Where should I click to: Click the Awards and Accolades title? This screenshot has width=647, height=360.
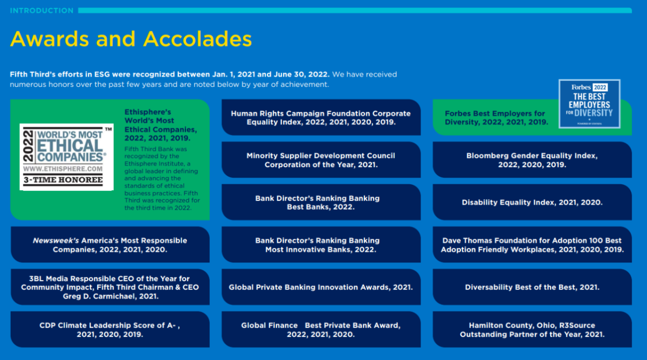pyautogui.click(x=131, y=39)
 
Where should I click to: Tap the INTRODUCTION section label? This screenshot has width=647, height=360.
pyautogui.click(x=42, y=11)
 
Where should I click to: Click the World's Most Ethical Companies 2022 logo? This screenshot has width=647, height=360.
pyautogui.click(x=66, y=157)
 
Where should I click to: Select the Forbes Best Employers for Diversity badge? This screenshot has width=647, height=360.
pyautogui.click(x=589, y=104)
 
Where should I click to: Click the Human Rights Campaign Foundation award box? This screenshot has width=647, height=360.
pyautogui.click(x=321, y=117)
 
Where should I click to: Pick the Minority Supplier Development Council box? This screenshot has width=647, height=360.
pyautogui.click(x=321, y=160)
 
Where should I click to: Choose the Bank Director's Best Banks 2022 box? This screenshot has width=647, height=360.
pyautogui.click(x=321, y=203)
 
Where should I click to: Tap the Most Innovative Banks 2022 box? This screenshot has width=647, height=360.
pyautogui.click(x=321, y=245)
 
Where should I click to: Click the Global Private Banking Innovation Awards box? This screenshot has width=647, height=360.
pyautogui.click(x=321, y=287)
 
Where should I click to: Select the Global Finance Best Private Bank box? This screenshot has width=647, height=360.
pyautogui.click(x=321, y=329)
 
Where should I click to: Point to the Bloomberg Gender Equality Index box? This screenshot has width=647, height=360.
pyautogui.click(x=532, y=160)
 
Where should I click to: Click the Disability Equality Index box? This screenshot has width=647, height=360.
pyautogui.click(x=532, y=203)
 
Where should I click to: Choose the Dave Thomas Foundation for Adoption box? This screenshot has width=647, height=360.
pyautogui.click(x=532, y=245)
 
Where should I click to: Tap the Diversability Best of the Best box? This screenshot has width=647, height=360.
pyautogui.click(x=532, y=287)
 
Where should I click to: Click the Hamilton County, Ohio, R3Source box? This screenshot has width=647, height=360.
pyautogui.click(x=532, y=329)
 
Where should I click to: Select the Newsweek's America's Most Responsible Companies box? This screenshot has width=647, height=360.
pyautogui.click(x=110, y=245)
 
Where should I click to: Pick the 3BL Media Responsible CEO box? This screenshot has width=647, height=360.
pyautogui.click(x=110, y=287)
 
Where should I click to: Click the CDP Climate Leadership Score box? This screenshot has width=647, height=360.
pyautogui.click(x=110, y=329)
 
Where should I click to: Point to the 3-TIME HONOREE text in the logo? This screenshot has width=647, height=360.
pyautogui.click(x=63, y=180)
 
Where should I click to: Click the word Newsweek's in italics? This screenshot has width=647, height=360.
pyautogui.click(x=56, y=240)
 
